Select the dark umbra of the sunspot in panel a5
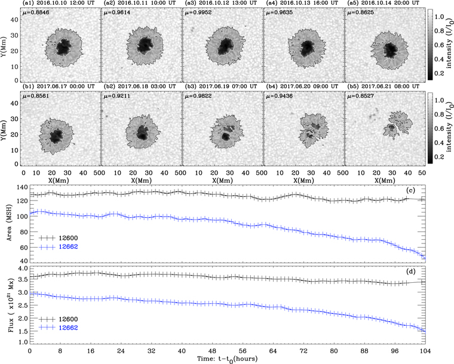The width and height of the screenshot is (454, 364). pos(391,48)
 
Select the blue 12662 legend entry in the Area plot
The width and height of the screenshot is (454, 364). pos(65,246)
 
